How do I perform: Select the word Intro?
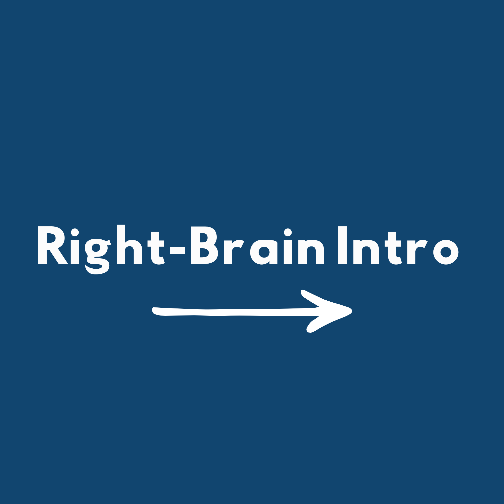pyautogui.click(x=398, y=245)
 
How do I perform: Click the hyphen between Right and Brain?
pyautogui.click(x=177, y=250)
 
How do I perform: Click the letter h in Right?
pyautogui.click(x=129, y=244)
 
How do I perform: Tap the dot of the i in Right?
pyautogui.click(x=75, y=232)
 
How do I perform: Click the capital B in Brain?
pyautogui.click(x=204, y=245)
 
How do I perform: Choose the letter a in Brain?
pyautogui.click(x=264, y=252)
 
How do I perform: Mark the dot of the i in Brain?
pyautogui.click(x=288, y=232)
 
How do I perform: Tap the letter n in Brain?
pyautogui.click(x=311, y=252)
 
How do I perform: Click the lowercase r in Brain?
pyautogui.click(x=234, y=252)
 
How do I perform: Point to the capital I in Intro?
pyautogui.click(x=342, y=245)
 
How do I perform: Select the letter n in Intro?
pyautogui.click(x=366, y=252)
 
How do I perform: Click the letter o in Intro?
pyautogui.click(x=446, y=252)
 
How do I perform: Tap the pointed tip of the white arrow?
pyautogui.click(x=352, y=311)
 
